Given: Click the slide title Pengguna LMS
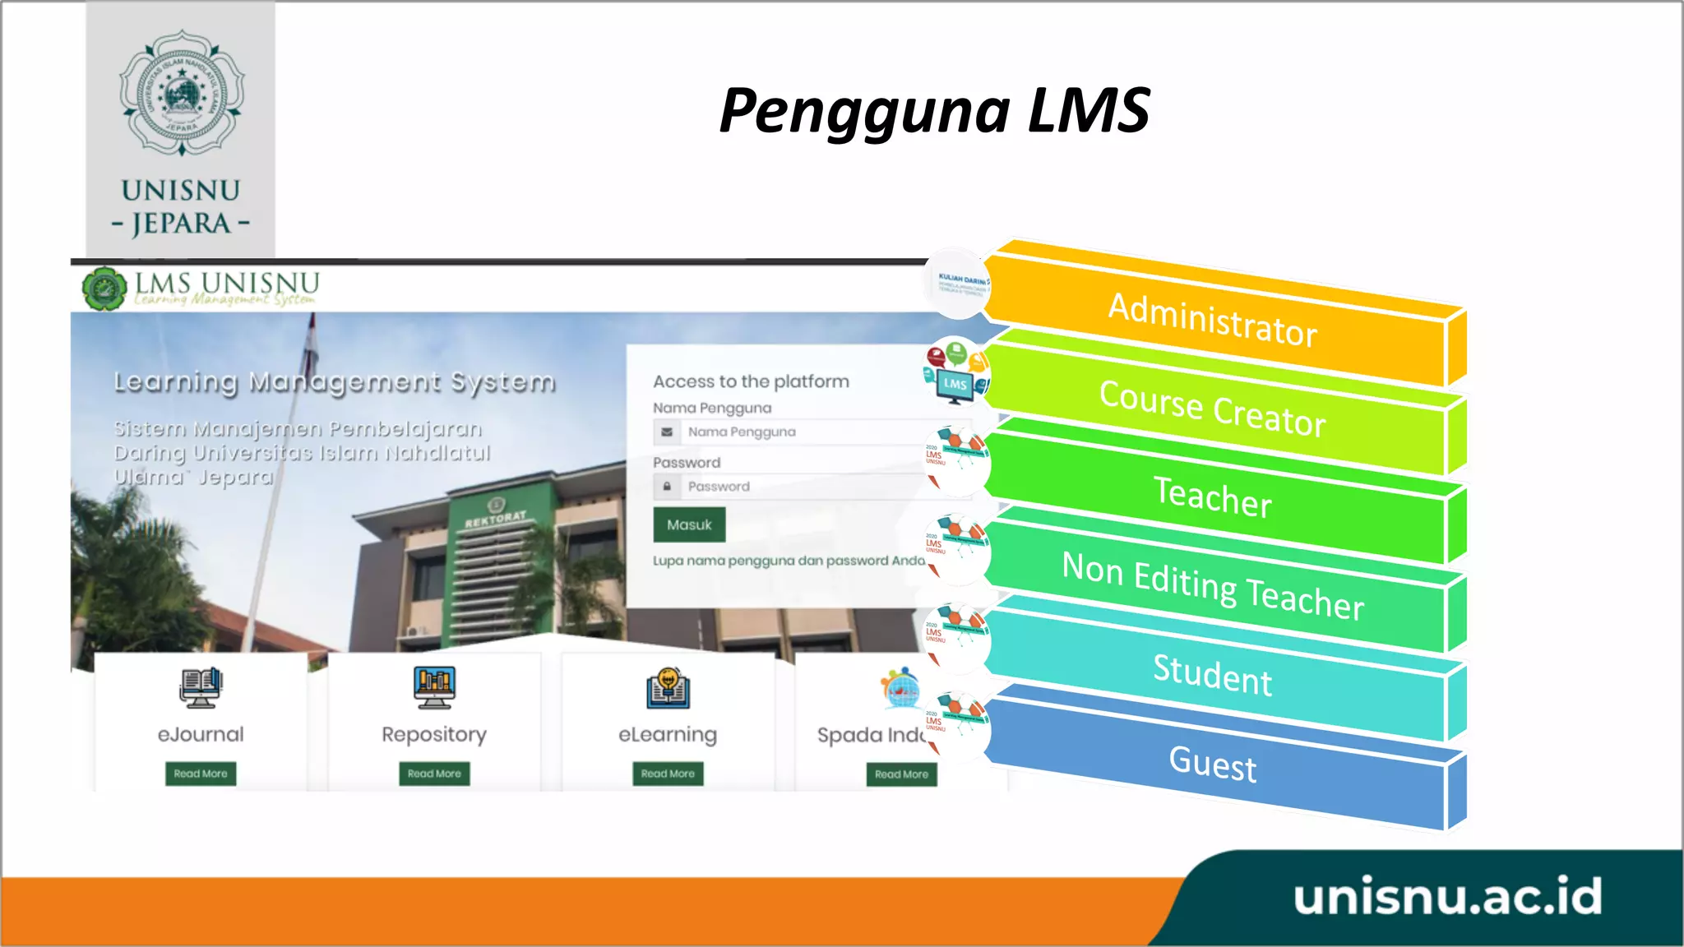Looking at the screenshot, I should pos(934,111).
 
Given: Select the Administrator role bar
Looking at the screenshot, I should pos(1213,321).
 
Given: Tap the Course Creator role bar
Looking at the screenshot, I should pos(1213,409).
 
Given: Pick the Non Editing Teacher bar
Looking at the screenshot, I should pos(1213,585).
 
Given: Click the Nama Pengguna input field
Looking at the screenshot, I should pos(806,432).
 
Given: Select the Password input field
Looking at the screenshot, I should pos(806,487).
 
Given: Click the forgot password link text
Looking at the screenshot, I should pos(789,561).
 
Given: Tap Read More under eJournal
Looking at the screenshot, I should pos(201,774).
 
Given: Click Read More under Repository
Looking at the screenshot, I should pos(434,774).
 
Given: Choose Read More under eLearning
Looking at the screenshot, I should pos(668,774).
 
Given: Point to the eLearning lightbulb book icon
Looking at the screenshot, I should pos(668,688).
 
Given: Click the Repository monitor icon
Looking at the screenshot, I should pos(434,687).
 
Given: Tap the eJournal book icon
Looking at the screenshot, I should pos(201,687).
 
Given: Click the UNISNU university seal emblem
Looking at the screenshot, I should pos(182,93).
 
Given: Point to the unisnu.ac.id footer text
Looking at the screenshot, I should pos(1447,897).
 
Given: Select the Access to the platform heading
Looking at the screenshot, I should pos(751,381).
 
